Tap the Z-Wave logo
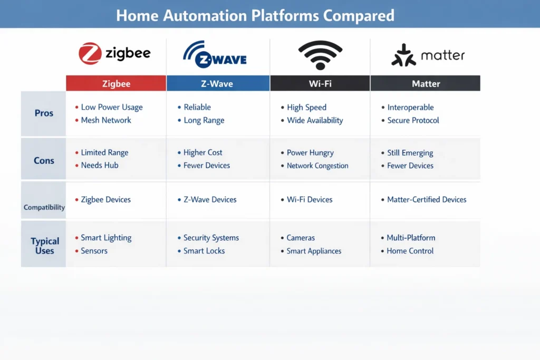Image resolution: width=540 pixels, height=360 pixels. pyautogui.click(x=215, y=54)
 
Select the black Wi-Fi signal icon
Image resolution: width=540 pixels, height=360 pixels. pyautogui.click(x=320, y=54)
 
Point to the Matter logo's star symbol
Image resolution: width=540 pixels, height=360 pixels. pyautogui.click(x=403, y=55)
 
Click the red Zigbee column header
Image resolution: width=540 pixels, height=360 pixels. pyautogui.click(x=116, y=83)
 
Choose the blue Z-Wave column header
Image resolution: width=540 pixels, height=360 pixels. pyautogui.click(x=218, y=83)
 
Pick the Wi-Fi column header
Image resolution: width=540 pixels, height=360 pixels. pyautogui.click(x=320, y=83)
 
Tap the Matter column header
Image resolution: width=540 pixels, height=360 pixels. pyautogui.click(x=426, y=83)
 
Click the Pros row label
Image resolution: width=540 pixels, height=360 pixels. pyautogui.click(x=44, y=113)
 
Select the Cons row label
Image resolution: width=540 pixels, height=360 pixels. pyautogui.click(x=44, y=161)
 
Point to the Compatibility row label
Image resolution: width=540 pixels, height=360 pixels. pyautogui.click(x=44, y=207)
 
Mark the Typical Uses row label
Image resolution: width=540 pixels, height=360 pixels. pyautogui.click(x=45, y=246)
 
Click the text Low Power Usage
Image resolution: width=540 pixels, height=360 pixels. pyautogui.click(x=112, y=108)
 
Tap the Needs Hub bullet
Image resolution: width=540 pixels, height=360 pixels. pyautogui.click(x=100, y=166)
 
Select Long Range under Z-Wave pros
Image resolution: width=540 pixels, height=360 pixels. pyautogui.click(x=204, y=120)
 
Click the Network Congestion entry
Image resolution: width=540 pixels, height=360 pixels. pyautogui.click(x=317, y=166)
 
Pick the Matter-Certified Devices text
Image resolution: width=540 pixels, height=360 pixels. pyautogui.click(x=427, y=200)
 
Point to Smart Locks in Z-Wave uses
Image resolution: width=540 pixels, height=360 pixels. pyautogui.click(x=204, y=251)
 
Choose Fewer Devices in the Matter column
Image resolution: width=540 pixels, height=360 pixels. pyautogui.click(x=410, y=166)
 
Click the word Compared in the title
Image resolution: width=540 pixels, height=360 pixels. pyautogui.click(x=359, y=15)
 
